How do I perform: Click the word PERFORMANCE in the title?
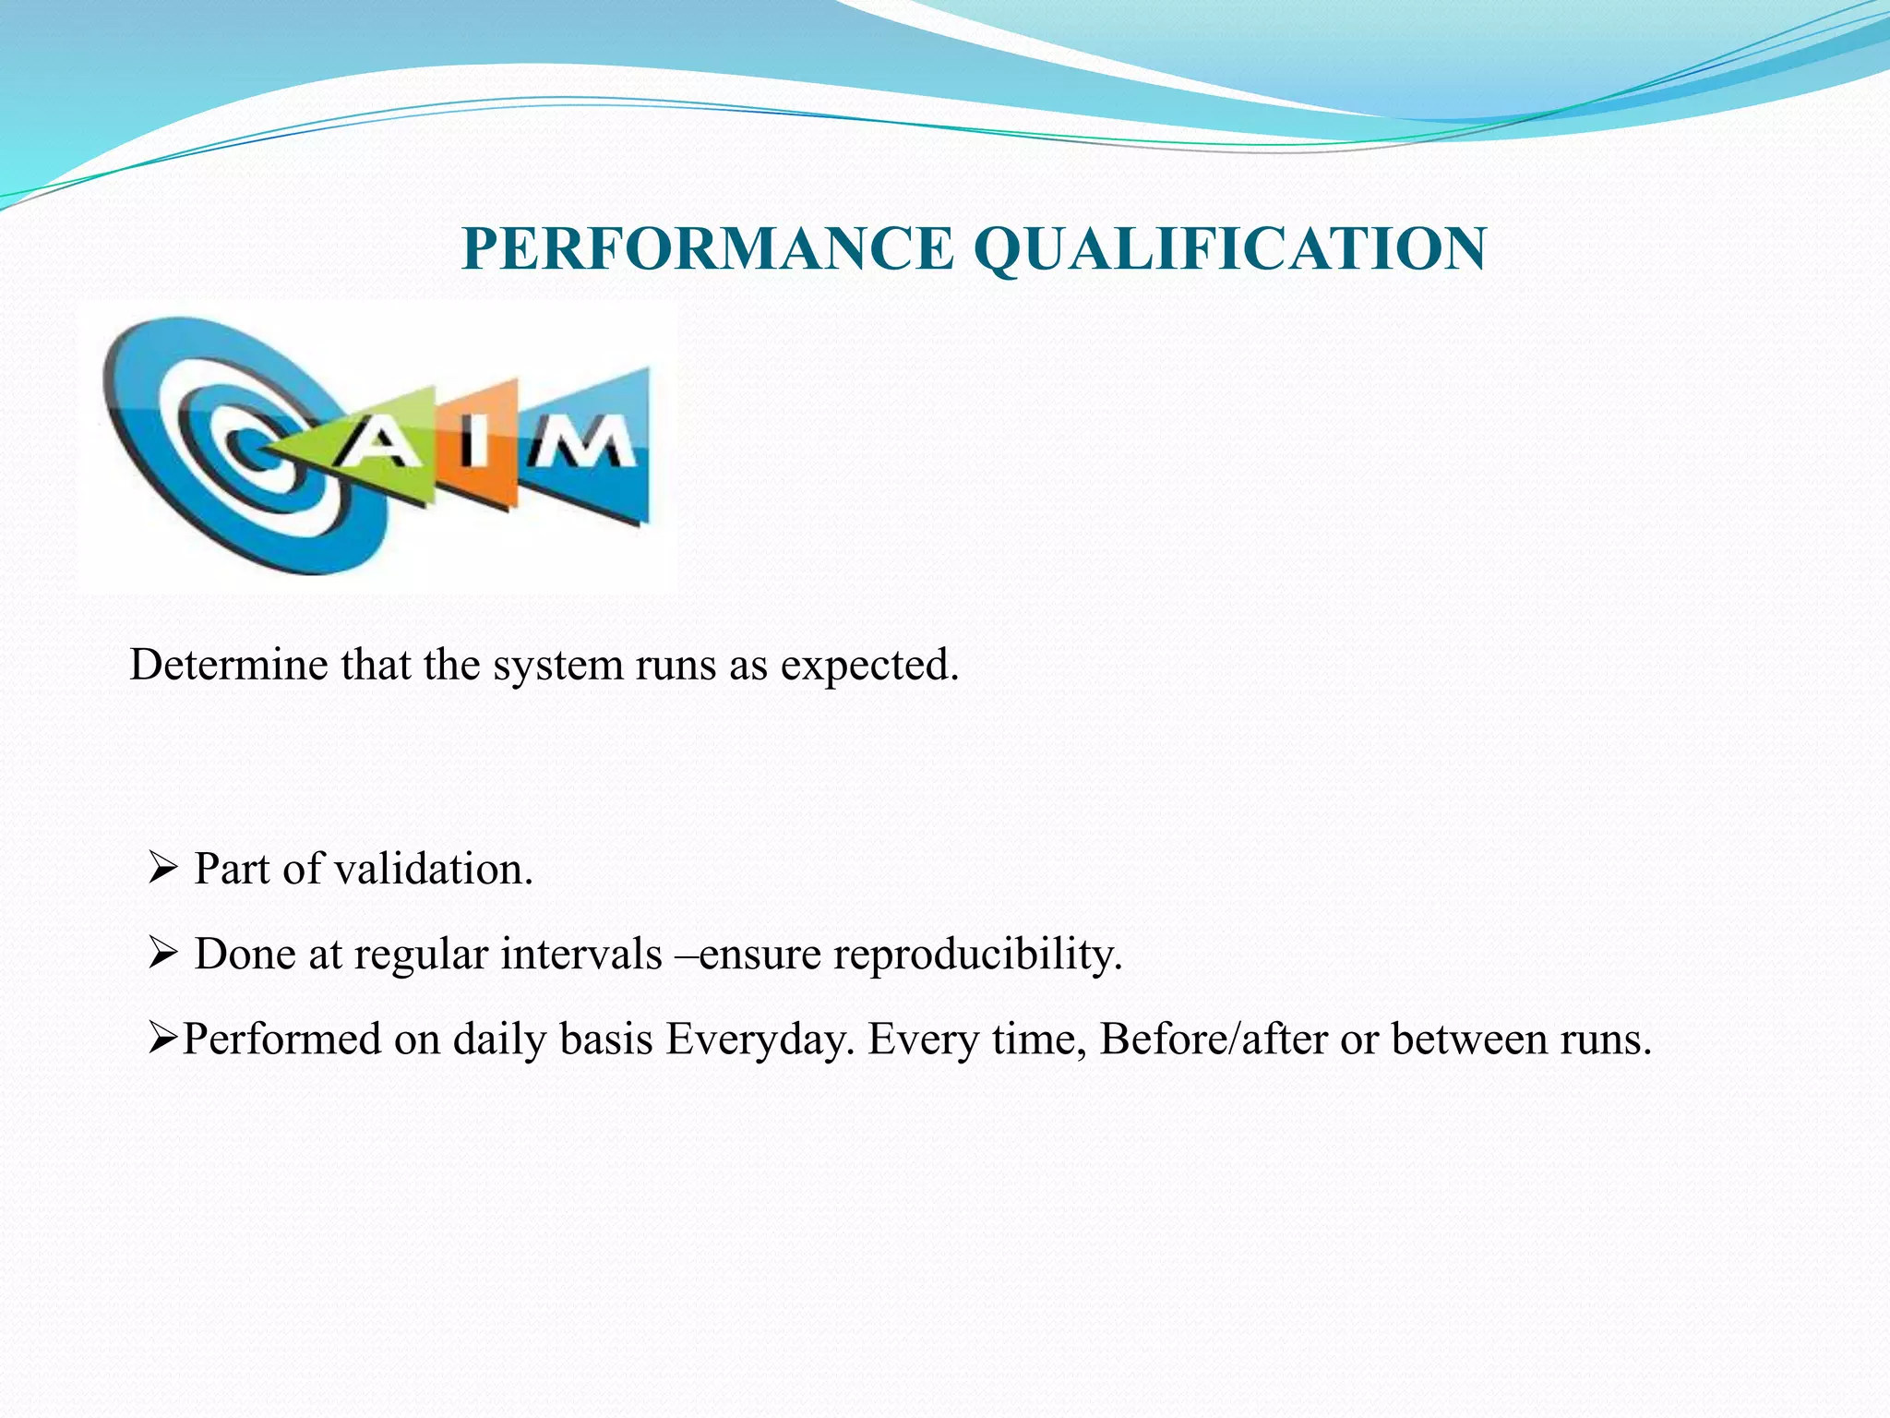(x=707, y=249)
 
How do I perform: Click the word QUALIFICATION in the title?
(x=1229, y=249)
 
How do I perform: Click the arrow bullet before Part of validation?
(x=161, y=868)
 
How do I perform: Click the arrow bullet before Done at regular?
(x=161, y=953)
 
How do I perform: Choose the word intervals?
(x=581, y=954)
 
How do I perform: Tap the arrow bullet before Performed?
(x=161, y=1039)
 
